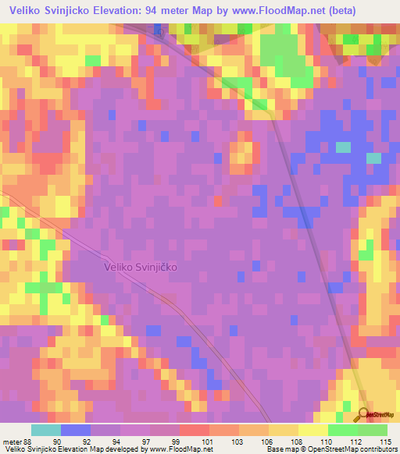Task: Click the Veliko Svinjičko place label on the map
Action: click(141, 267)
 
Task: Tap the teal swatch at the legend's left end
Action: click(46, 430)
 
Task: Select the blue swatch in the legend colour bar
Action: click(76, 430)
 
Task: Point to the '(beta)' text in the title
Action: click(334, 10)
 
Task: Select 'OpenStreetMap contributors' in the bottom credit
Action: click(352, 449)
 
